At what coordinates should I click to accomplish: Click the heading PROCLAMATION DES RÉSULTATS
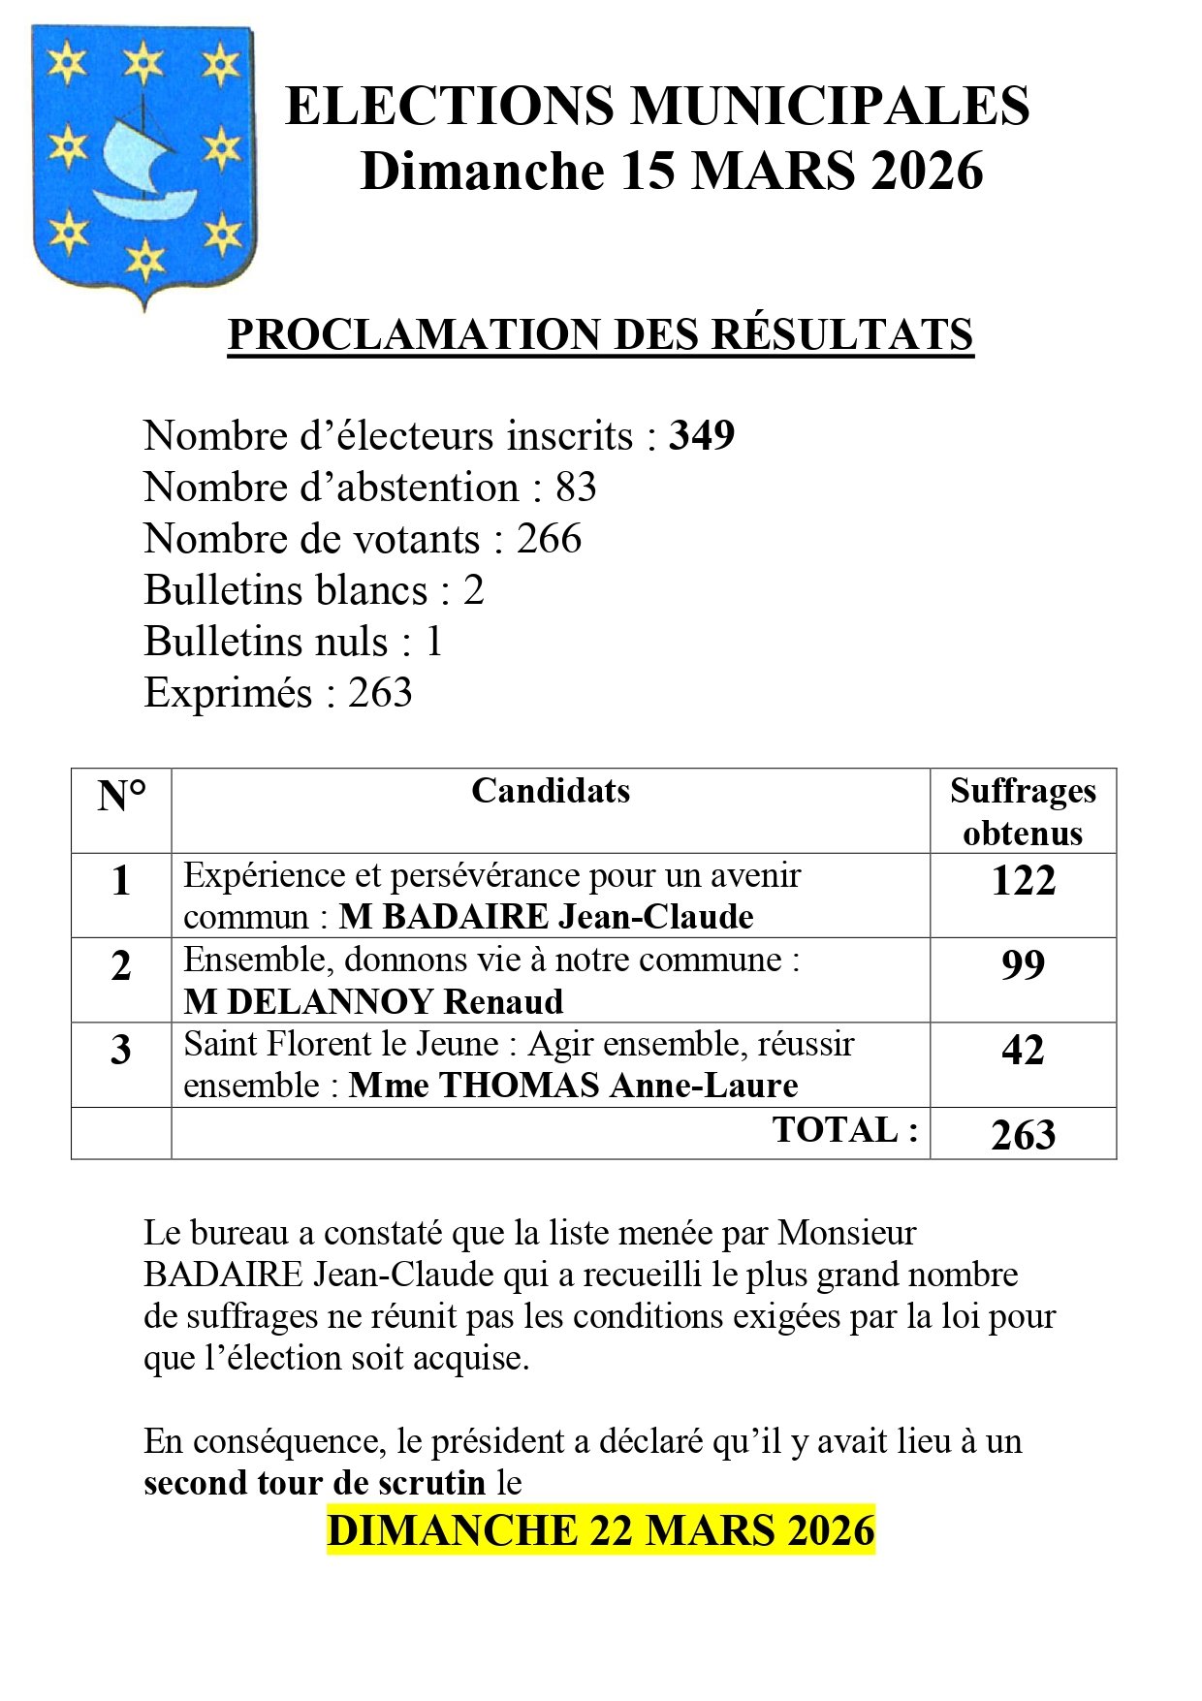600,335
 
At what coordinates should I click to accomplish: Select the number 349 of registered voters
702,436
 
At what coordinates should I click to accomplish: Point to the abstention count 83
576,488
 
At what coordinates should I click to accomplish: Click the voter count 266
549,539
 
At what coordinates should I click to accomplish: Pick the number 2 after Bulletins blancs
473,590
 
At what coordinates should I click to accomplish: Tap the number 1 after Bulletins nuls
433,642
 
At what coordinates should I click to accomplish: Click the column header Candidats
551,791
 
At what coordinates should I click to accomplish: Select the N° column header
121,797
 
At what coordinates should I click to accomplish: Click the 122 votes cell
1023,881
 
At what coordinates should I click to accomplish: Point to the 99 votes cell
1023,965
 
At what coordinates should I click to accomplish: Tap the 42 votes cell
1023,1051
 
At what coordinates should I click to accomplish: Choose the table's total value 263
1023,1135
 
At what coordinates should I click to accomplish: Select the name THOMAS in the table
521,1086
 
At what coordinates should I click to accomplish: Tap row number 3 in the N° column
121,1051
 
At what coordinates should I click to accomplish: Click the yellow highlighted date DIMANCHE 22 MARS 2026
601,1530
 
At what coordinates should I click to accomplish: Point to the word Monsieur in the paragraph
846,1233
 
